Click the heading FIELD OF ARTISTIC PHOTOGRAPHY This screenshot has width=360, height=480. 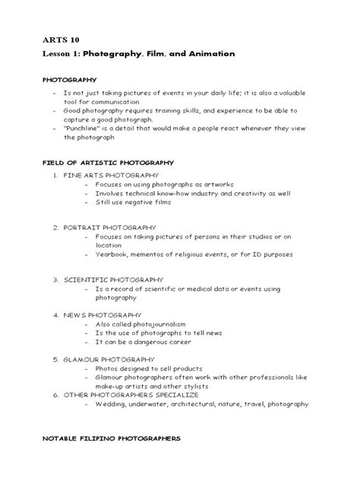click(108, 163)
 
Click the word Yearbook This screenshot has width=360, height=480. click(113, 253)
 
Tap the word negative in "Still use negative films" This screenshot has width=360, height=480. click(144, 201)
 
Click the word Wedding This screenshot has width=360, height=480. click(110, 404)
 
